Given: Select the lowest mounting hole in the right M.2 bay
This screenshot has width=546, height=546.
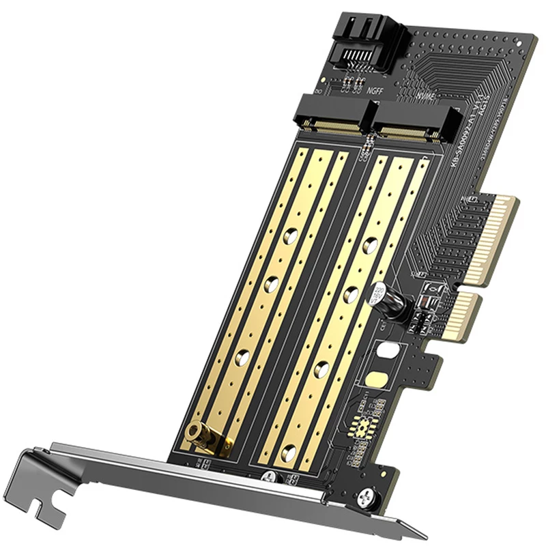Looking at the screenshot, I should coord(290,450).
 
